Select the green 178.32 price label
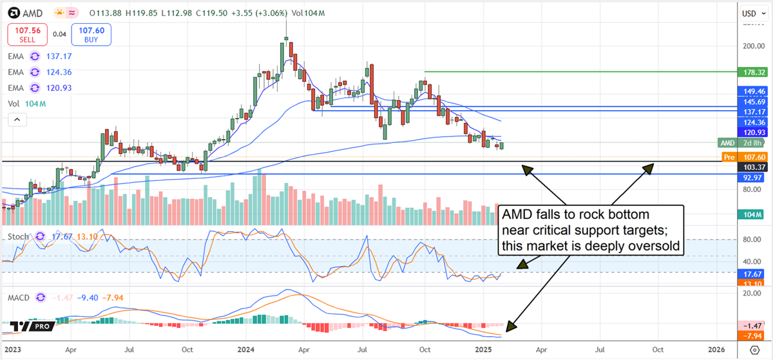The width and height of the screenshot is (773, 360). click(754, 72)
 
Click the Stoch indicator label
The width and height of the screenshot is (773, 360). click(19, 236)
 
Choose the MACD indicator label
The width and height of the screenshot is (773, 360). click(21, 298)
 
